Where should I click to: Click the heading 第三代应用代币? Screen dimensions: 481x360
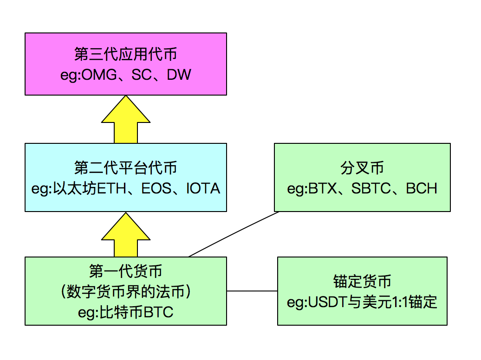click(x=126, y=54)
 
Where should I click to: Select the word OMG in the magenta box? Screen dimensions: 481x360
click(x=99, y=75)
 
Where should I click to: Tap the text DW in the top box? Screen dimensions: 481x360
click(x=179, y=75)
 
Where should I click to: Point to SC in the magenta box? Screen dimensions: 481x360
click(x=142, y=75)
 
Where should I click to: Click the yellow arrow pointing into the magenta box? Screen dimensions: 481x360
click(x=126, y=119)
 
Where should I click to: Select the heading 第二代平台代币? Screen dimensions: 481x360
click(x=126, y=168)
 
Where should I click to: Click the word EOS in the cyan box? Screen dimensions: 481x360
click(x=156, y=189)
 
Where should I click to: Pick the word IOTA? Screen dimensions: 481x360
click(x=203, y=189)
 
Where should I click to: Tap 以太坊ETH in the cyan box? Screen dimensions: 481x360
click(x=90, y=189)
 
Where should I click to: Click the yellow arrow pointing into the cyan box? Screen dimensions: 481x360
click(x=126, y=235)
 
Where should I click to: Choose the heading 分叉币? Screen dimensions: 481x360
click(x=362, y=168)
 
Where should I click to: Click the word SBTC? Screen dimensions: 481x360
click(x=371, y=189)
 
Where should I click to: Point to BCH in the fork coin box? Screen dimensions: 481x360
click(x=422, y=189)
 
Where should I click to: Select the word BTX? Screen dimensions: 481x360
click(x=322, y=189)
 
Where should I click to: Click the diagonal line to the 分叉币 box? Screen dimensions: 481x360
click(x=234, y=234)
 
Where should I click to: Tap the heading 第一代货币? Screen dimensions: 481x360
click(x=126, y=271)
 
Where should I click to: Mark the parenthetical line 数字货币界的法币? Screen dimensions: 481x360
click(x=126, y=292)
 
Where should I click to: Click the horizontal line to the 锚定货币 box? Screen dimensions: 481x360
click(x=252, y=291)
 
